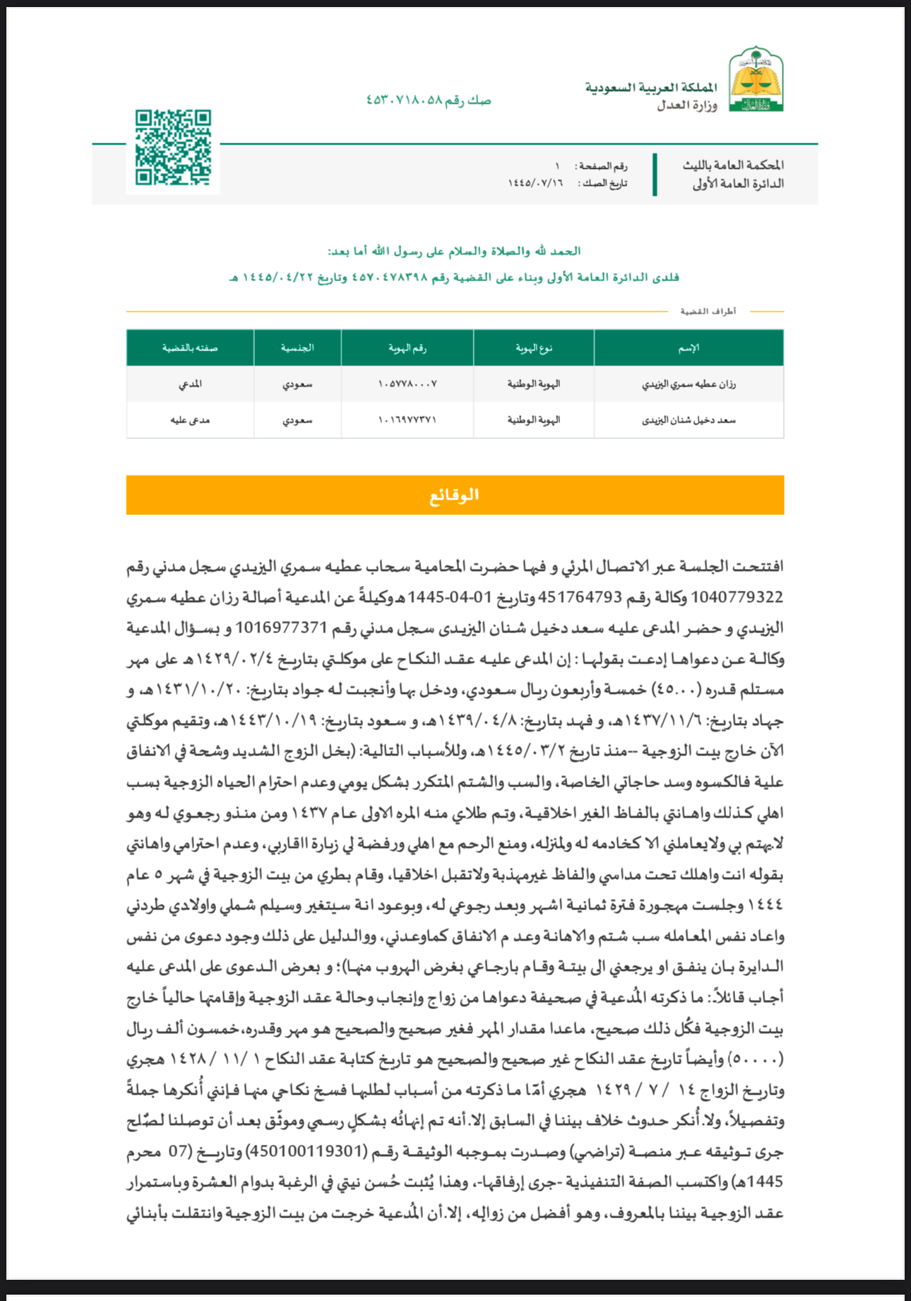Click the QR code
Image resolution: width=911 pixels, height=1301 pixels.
pyautogui.click(x=173, y=148)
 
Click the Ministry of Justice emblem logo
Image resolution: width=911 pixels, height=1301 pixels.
pyautogui.click(x=756, y=80)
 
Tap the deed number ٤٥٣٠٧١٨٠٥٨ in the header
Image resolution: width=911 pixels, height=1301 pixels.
pyautogui.click(x=404, y=100)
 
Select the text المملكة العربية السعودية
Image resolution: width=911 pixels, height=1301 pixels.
pyautogui.click(x=650, y=88)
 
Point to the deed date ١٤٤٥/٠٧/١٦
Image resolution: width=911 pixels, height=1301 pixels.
pyautogui.click(x=535, y=184)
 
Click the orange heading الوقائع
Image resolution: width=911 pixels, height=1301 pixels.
pyautogui.click(x=455, y=495)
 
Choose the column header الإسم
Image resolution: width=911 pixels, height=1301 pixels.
pyautogui.click(x=689, y=348)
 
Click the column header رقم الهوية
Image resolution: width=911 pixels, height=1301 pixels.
pyautogui.click(x=407, y=348)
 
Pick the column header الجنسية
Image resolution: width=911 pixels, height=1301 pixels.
pyautogui.click(x=297, y=348)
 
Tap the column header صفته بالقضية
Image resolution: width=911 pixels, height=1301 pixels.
pyautogui.click(x=190, y=348)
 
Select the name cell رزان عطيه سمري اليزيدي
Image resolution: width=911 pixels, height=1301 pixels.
pyautogui.click(x=689, y=384)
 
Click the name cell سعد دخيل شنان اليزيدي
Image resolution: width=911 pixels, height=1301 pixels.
pyautogui.click(x=689, y=420)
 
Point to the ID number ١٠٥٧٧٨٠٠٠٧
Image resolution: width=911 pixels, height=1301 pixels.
pyautogui.click(x=407, y=384)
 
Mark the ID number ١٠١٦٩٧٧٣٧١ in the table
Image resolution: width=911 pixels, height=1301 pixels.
pyautogui.click(x=407, y=420)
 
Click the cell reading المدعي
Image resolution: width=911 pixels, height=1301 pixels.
pyautogui.click(x=190, y=384)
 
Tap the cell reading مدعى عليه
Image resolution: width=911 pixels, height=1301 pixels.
pyautogui.click(x=190, y=420)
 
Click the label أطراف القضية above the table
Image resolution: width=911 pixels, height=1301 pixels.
pyautogui.click(x=708, y=311)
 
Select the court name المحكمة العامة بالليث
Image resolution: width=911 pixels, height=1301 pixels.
pyautogui.click(x=732, y=165)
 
